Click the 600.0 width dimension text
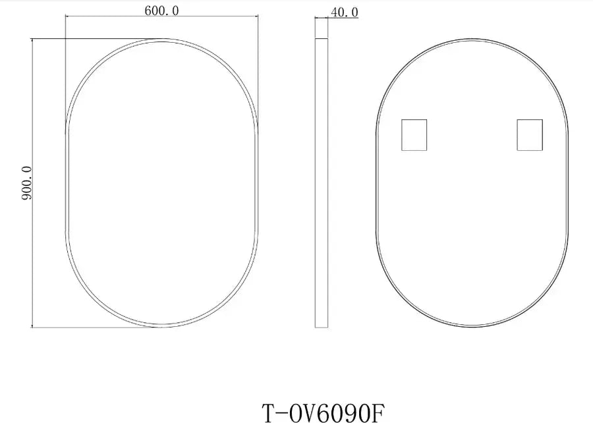(x=161, y=10)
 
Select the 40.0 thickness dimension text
(x=345, y=13)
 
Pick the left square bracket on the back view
(x=414, y=134)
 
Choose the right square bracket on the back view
(x=530, y=134)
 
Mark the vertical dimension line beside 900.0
(x=32, y=184)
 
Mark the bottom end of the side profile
(x=322, y=327)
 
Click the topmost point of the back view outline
(x=471, y=39)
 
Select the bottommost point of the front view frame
(x=161, y=327)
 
